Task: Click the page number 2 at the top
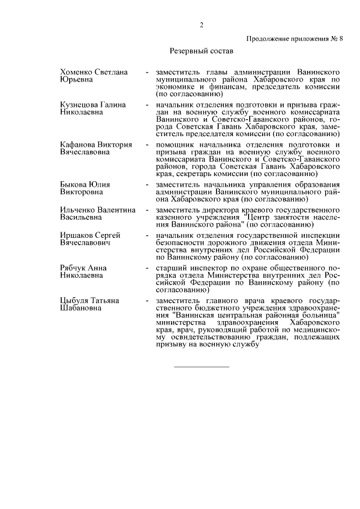[x=201, y=24]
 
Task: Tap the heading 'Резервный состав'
[x=201, y=51]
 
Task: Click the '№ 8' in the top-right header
[x=335, y=38]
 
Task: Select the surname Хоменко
[x=78, y=73]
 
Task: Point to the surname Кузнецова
[x=80, y=105]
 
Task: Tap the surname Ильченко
[x=78, y=210]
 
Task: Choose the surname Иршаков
[x=76, y=236]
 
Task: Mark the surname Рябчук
[x=74, y=268]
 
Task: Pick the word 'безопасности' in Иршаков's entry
[x=181, y=243]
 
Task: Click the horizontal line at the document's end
[x=201, y=367]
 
